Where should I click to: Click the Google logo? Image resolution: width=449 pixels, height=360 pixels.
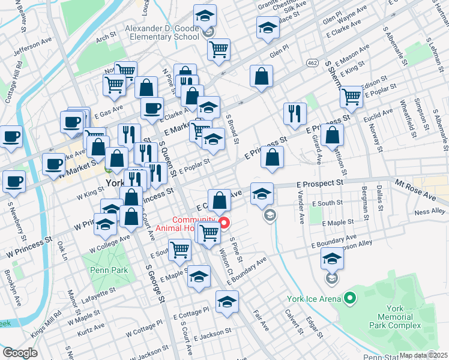[x=20, y=353]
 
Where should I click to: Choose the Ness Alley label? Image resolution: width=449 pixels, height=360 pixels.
[x=430, y=211]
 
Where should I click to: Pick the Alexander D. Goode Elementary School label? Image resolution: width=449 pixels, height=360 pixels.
[x=161, y=32]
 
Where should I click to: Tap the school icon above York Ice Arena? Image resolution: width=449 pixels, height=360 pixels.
[x=331, y=259]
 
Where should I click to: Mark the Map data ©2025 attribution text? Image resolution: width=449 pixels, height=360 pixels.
[x=424, y=355]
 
